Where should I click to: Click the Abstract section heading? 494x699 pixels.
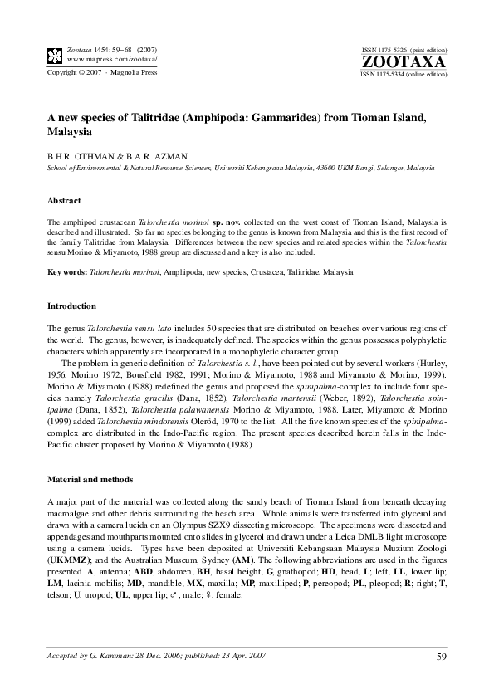64,201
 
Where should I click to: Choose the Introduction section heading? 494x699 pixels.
71,306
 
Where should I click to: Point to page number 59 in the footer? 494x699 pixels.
441,658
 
